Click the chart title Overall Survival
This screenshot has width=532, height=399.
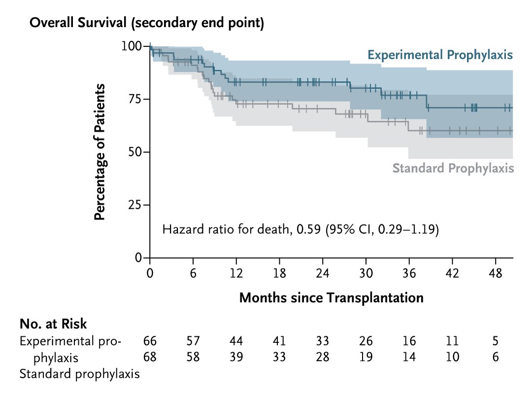point(147,23)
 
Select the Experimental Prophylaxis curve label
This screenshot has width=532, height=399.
point(440,55)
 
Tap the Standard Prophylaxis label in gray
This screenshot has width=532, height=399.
point(453,168)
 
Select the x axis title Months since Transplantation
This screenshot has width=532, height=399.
point(331,298)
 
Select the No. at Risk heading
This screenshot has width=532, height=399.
point(53,324)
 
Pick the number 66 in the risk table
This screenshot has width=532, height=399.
point(150,341)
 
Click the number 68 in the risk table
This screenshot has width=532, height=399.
point(150,357)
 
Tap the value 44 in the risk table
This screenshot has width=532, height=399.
point(236,341)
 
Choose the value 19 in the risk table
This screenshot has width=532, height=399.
point(366,357)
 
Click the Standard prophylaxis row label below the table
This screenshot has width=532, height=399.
point(79,373)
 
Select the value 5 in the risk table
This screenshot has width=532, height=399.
point(496,341)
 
